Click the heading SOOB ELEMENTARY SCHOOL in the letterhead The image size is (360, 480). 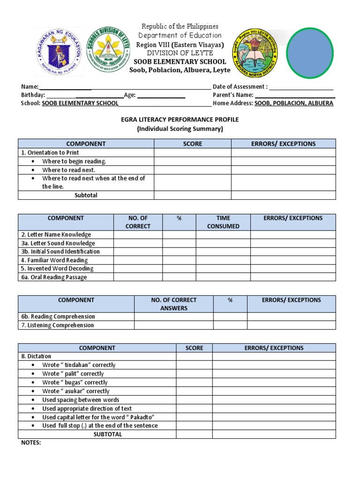(x=180, y=61)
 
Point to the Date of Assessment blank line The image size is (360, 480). (x=301, y=87)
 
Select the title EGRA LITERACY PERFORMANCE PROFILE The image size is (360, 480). (x=180, y=120)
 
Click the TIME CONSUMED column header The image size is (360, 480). (x=223, y=222)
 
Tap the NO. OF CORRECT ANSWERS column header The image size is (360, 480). (x=173, y=304)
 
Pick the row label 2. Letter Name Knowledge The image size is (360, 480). (x=56, y=234)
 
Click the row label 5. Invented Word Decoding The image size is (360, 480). (x=57, y=269)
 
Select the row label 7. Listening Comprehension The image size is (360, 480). (x=57, y=325)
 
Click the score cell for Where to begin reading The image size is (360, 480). (x=192, y=161)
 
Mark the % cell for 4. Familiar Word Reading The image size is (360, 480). (x=179, y=260)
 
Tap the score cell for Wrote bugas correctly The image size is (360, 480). (x=194, y=382)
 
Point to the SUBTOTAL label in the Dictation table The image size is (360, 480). (x=108, y=434)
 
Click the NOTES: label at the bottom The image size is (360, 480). (x=31, y=442)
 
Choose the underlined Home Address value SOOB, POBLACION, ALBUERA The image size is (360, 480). (x=294, y=103)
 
